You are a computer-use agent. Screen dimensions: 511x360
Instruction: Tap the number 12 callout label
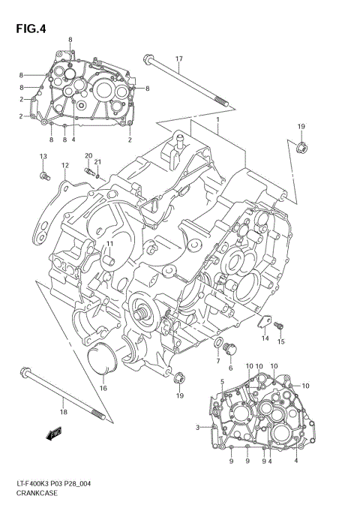tap(65, 166)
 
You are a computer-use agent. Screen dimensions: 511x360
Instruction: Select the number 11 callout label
tap(109, 244)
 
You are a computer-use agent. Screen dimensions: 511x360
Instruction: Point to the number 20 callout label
tap(88, 155)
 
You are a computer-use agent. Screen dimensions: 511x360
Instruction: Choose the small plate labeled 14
tap(263, 324)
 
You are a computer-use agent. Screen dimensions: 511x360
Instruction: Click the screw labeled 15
tap(280, 325)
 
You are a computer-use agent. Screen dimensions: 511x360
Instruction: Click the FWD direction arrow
tap(52, 433)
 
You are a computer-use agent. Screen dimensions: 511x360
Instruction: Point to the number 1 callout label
tap(217, 119)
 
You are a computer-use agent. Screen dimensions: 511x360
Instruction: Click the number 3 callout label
tap(197, 428)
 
